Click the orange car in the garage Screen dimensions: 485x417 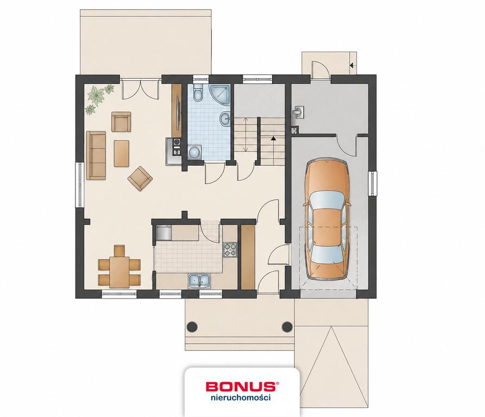(327, 220)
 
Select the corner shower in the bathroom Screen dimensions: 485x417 (220, 94)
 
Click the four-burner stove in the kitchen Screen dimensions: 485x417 (230, 249)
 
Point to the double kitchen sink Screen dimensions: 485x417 (199, 281)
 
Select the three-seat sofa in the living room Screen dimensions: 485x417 (96, 155)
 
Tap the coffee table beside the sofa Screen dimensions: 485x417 (122, 153)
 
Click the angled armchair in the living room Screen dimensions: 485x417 (140, 178)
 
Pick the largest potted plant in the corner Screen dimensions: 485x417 (97, 94)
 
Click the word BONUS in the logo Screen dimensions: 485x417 (241, 386)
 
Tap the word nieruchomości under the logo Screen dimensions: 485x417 (241, 397)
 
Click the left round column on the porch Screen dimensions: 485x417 (192, 326)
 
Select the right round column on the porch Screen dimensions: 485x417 (287, 326)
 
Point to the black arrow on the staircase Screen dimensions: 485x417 (273, 138)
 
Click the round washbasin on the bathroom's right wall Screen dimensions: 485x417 (225, 119)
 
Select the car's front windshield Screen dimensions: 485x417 (327, 201)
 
